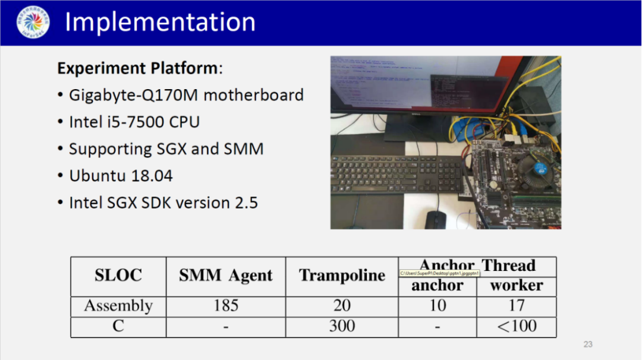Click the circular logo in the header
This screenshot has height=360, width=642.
click(33, 23)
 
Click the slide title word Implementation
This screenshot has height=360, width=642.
click(160, 23)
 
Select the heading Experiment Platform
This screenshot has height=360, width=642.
click(137, 68)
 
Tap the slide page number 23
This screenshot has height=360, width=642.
click(588, 345)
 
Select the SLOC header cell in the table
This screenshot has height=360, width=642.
click(118, 276)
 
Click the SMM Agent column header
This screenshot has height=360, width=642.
click(226, 276)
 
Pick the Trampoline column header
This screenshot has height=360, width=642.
click(342, 276)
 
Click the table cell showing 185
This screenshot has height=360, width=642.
click(226, 306)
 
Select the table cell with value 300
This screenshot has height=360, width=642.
click(342, 326)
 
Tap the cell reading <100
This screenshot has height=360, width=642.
click(516, 326)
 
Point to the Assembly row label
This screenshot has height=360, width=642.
click(118, 306)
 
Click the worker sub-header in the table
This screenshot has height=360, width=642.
click(516, 286)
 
